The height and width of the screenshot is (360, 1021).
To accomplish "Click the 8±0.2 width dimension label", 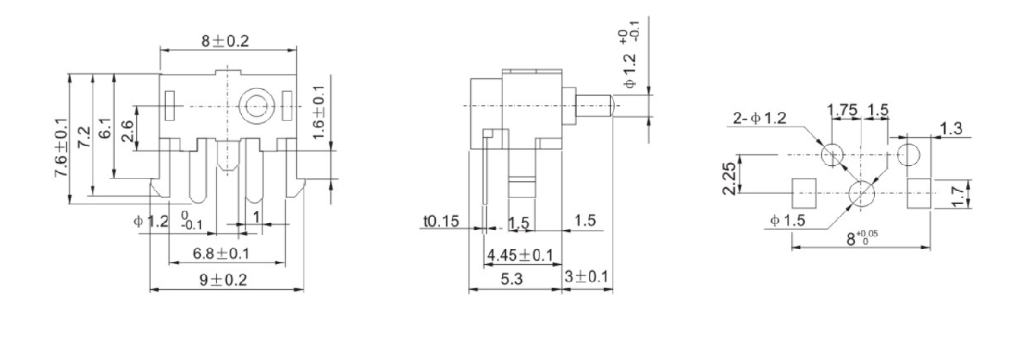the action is tap(226, 41).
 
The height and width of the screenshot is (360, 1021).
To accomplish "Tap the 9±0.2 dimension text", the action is tap(224, 279).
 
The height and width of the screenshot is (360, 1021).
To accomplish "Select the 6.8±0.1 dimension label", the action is tap(221, 253).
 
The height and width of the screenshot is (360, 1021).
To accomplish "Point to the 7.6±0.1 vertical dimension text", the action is tap(62, 148).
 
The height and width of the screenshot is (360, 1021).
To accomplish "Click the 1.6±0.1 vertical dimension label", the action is tap(319, 113).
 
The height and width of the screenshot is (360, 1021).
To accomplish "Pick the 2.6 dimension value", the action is tap(128, 131).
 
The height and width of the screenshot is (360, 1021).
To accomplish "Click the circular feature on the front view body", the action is tap(257, 107).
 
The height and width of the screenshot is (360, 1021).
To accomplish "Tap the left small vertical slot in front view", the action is tap(170, 106).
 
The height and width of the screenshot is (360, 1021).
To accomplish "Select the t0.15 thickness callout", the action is tap(441, 221).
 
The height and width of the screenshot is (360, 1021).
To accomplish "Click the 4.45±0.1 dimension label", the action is tap(520, 255).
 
